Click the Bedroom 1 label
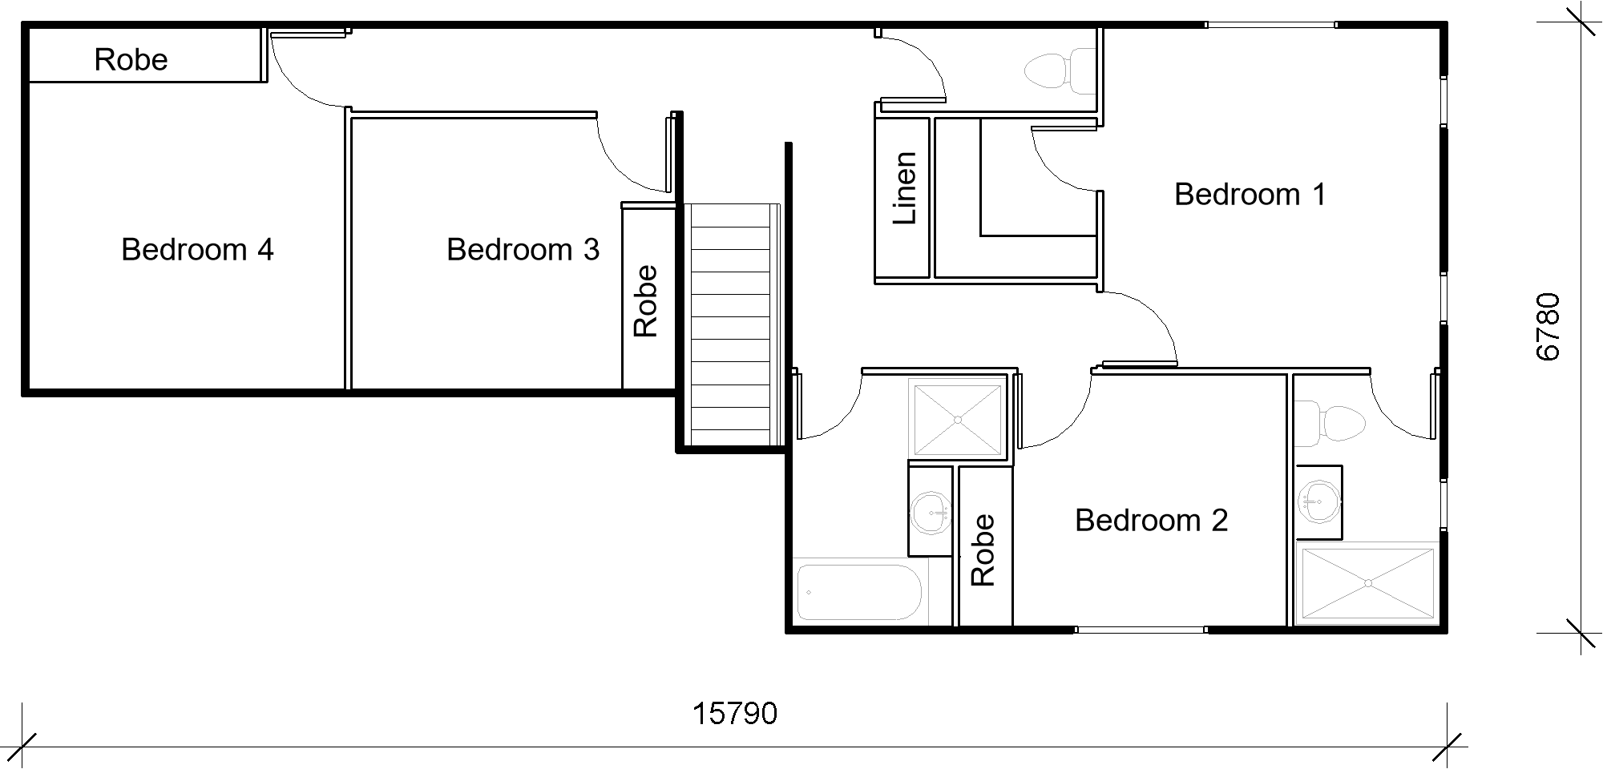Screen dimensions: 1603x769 pos(1250,195)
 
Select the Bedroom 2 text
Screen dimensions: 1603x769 pos(1151,521)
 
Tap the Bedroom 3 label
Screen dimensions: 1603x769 pos(523,250)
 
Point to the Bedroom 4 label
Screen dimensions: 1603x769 pos(197,250)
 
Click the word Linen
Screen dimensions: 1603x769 pos(904,188)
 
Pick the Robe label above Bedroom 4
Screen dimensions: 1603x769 pos(131,60)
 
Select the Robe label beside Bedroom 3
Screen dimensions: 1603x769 pos(645,301)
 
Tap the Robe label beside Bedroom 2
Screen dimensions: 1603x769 pos(983,550)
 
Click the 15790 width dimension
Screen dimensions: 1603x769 pos(734,714)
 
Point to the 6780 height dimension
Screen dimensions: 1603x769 pos(1548,327)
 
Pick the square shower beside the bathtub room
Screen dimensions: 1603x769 pos(958,420)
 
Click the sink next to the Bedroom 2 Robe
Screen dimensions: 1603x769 pos(931,510)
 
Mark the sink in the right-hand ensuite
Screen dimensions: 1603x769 pos(1318,502)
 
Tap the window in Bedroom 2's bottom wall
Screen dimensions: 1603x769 pos(1141,630)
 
